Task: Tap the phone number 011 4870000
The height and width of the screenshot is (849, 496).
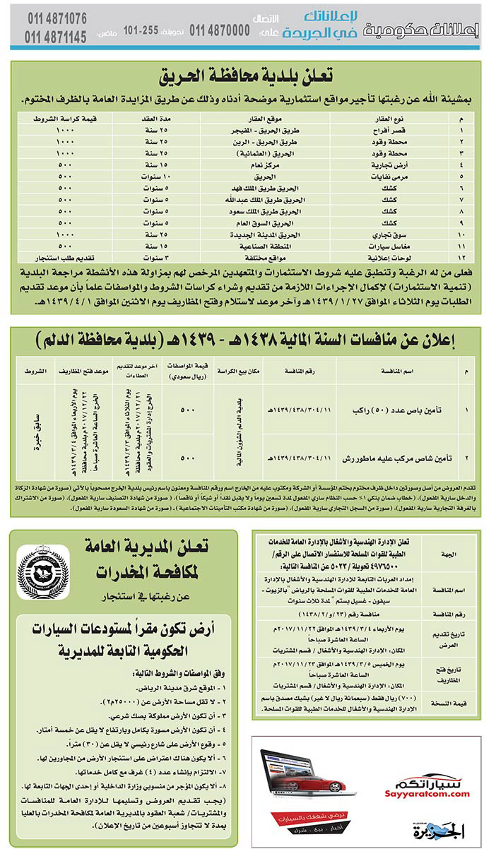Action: (220, 30)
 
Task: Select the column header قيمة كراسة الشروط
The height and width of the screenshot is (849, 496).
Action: (62, 119)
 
